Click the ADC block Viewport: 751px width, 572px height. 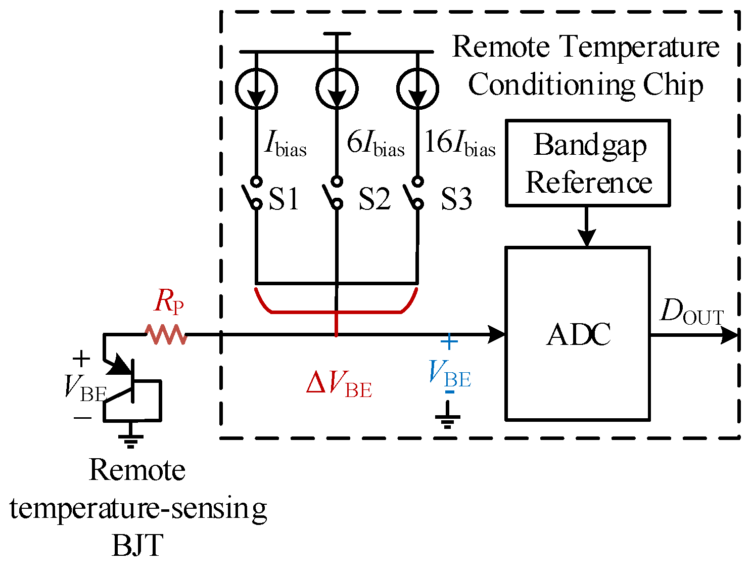point(577,334)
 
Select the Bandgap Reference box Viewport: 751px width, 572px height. point(588,163)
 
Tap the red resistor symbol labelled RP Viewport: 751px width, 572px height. point(166,334)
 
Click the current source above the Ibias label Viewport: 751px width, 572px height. point(256,89)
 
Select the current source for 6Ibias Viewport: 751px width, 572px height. point(337,89)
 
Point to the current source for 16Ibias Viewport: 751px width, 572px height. point(417,89)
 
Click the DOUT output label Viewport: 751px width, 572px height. point(691,312)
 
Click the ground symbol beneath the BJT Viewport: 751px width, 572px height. point(131,439)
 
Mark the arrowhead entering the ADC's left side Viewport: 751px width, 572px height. point(497,334)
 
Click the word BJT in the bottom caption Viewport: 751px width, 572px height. point(137,545)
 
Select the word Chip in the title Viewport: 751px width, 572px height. point(673,85)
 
